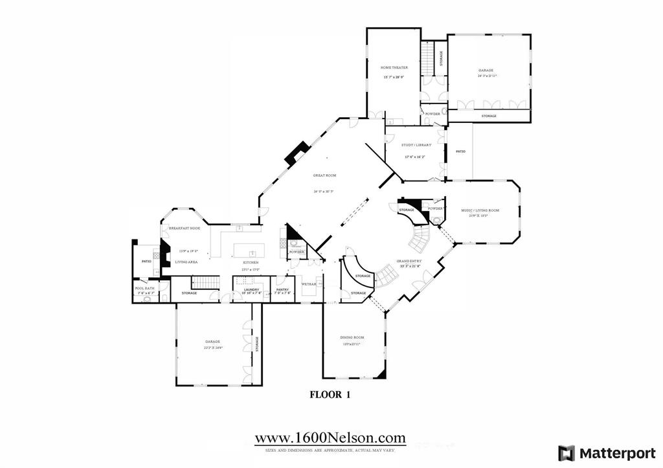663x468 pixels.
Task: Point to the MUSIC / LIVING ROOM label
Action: (480, 210)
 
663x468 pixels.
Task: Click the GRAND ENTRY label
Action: (409, 261)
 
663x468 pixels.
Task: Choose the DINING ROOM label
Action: (352, 337)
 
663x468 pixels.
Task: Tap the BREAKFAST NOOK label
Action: (185, 228)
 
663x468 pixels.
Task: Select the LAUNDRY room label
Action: (251, 289)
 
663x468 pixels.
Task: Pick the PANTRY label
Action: (283, 289)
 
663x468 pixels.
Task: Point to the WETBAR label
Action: (308, 284)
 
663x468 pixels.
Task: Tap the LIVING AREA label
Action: (186, 262)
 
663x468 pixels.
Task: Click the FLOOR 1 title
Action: (330, 394)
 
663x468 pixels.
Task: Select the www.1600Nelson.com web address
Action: (330, 438)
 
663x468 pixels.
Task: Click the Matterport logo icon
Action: (566, 452)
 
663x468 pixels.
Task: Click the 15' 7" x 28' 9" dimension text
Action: (393, 78)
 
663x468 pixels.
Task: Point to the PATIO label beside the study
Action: (460, 151)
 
